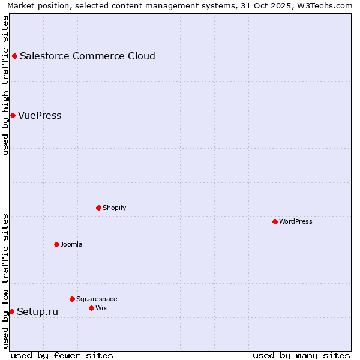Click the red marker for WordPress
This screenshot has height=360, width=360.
pos(275,221)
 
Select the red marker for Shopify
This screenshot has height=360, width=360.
pos(98,208)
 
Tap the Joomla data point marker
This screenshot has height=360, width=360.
pos(56,244)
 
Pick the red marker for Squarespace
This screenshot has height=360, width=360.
pos(72,299)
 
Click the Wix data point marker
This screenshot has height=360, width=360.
pos(91,308)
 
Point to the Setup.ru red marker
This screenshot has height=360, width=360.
pos(11,311)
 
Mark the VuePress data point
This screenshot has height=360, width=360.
pos(13,115)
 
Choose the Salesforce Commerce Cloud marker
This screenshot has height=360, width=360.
pos(14,56)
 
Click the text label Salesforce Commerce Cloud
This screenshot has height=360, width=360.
pos(88,56)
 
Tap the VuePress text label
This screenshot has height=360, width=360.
pos(40,116)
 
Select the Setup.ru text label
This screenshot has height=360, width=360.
pos(38,311)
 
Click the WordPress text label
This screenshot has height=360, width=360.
pos(296,221)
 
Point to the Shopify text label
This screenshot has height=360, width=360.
pos(114,208)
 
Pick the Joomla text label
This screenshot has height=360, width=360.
pos(71,244)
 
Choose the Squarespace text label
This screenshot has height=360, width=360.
pos(97,299)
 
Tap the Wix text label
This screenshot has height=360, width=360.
pos(101,308)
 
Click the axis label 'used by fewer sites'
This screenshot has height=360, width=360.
pos(62,355)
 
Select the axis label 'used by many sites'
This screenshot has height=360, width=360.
pos(301,355)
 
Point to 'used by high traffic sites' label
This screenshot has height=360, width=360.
pos(6,85)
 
